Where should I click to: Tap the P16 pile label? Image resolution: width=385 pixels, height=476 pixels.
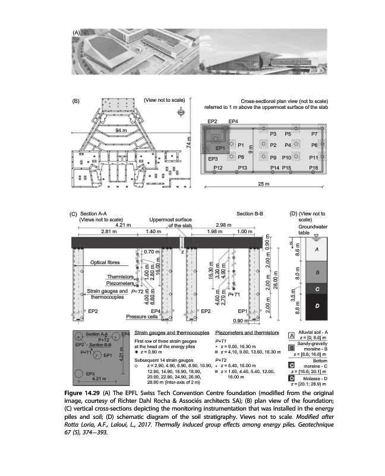point(314,169)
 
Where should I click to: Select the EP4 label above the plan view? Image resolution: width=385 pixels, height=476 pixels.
point(233,121)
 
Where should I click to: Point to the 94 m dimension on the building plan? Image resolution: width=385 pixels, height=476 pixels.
point(121,130)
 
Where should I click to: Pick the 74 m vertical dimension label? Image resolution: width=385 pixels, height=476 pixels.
point(190,143)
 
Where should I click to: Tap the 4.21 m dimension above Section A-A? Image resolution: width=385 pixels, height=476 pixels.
point(123,224)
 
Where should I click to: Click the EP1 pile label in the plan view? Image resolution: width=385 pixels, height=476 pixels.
point(220,148)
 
